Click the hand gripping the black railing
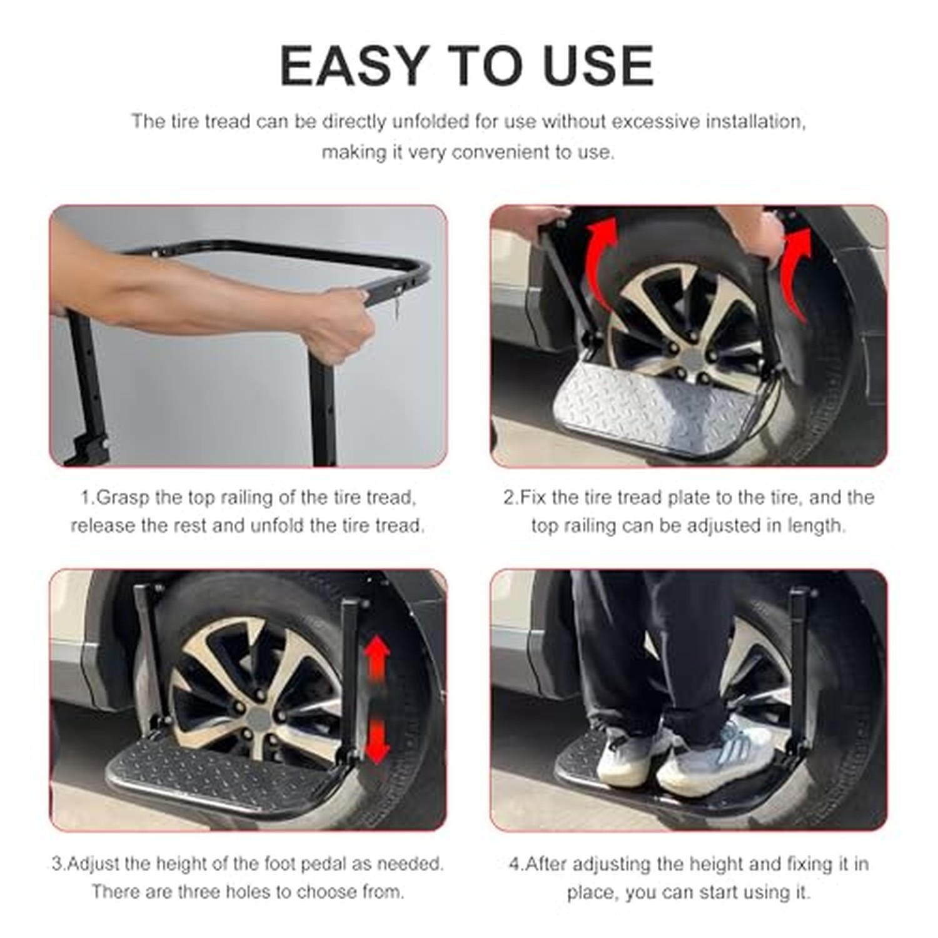pyautogui.click(x=338, y=325)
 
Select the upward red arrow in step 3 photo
pyautogui.click(x=376, y=661)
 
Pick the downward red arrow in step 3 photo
pyautogui.click(x=376, y=741)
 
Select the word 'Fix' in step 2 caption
pyautogui.click(x=533, y=498)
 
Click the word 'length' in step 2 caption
pyautogui.click(x=815, y=527)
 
